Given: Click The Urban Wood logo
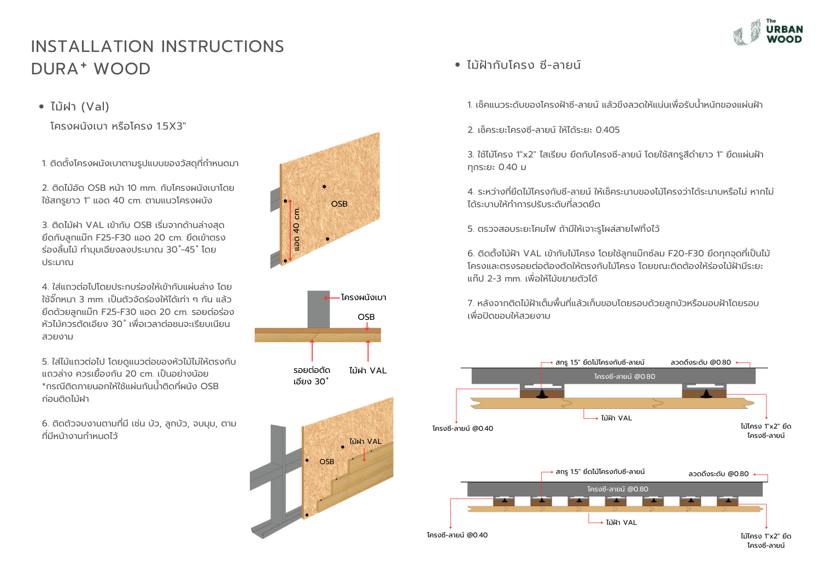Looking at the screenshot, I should point(768,32).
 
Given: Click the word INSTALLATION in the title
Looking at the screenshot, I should point(92,46).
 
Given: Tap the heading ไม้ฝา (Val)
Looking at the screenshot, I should point(80,107).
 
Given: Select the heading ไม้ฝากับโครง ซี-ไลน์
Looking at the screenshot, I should point(523,65).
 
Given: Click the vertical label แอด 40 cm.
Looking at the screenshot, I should point(296,229).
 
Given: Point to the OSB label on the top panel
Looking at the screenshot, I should point(339,204).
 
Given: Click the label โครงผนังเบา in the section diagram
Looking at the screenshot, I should point(364,297).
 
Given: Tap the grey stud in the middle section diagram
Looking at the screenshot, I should point(318,309).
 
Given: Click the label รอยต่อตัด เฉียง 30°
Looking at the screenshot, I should point(312,376).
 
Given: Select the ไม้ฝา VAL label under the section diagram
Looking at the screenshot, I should point(367,371).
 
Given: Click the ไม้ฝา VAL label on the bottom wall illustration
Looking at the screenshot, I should point(365,441).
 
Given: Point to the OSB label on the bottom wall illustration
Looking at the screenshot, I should point(326,462).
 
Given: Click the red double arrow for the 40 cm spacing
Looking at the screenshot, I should point(290,230).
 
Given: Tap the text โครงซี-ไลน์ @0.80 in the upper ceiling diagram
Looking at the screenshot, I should point(624,377).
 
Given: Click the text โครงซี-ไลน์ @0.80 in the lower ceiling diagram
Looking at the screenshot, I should point(618,489).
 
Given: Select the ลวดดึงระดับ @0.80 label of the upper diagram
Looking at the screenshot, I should point(700,362).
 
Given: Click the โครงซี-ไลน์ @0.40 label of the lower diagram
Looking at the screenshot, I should point(457,535).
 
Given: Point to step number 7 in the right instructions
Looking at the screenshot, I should point(470,303).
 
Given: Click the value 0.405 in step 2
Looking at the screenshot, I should point(607,130).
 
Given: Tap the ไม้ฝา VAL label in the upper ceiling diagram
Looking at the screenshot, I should point(616,418).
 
